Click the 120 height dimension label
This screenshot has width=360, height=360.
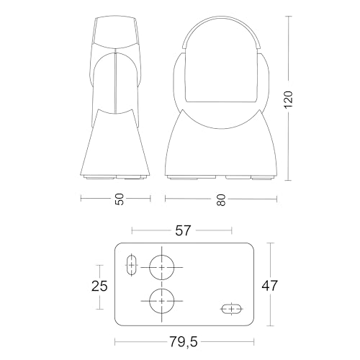[x=289, y=99]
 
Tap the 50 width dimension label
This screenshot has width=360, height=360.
[x=120, y=199]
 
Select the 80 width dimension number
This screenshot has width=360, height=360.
[x=221, y=200]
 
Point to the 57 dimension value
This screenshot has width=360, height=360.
[x=183, y=230]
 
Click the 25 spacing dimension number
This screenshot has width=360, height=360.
[x=99, y=286]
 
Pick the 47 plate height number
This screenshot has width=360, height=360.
[x=269, y=286]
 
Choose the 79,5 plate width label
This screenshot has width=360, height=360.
[x=184, y=341]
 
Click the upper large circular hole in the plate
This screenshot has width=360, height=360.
[x=162, y=267]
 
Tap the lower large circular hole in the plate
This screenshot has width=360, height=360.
[x=162, y=301]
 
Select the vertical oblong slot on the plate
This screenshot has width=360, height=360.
[x=132, y=265]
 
